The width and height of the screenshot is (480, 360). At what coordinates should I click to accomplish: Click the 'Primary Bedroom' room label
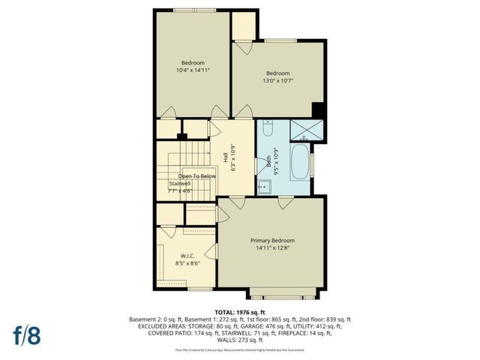tap(272, 240)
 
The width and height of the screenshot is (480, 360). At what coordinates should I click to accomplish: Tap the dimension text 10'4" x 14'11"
tap(193, 70)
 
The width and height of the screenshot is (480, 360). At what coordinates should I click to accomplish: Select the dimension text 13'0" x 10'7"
tap(277, 81)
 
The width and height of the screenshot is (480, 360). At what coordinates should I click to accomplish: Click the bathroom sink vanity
tap(265, 187)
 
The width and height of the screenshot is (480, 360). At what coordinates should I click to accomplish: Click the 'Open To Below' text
tap(196, 175)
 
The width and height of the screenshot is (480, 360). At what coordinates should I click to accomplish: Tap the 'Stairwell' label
tap(181, 184)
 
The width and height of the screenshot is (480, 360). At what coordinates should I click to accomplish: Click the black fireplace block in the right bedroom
tap(318, 110)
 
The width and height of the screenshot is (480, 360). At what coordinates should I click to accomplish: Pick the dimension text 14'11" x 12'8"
tap(272, 249)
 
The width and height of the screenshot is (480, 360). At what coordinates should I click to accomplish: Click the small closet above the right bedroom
tap(243, 25)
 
